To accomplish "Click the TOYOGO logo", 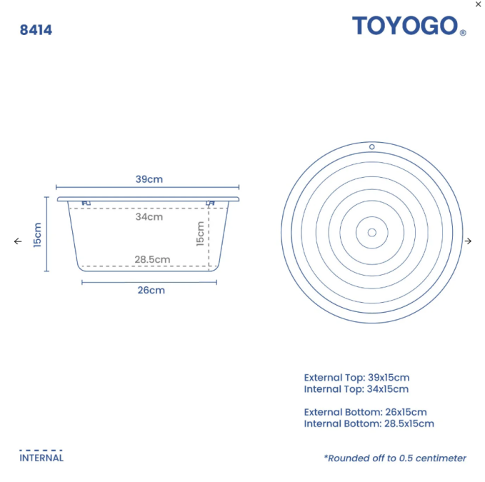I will pos(404,26).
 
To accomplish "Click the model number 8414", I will pos(36,30).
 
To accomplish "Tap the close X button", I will pos(478,4).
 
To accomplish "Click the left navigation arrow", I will pos(18,241).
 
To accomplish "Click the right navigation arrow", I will pos(468,241).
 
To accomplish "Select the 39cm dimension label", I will pos(149,179).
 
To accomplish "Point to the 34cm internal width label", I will pos(149,216).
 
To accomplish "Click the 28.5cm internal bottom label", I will pos(152,259).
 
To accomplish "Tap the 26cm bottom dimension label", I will pos(151,290).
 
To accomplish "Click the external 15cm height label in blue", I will pos(37,234).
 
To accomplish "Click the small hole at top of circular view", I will pos(372,146).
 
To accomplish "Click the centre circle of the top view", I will pos(372,232).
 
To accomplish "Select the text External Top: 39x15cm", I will pos(356,377).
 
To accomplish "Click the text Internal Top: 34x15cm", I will pos(356,389).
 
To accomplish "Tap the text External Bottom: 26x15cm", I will pos(365,412).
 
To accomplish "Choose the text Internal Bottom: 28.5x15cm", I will pos(369,423).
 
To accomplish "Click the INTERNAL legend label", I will pos(41,458).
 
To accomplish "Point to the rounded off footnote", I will pos(394,458).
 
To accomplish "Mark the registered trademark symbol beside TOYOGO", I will pos(463,33).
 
